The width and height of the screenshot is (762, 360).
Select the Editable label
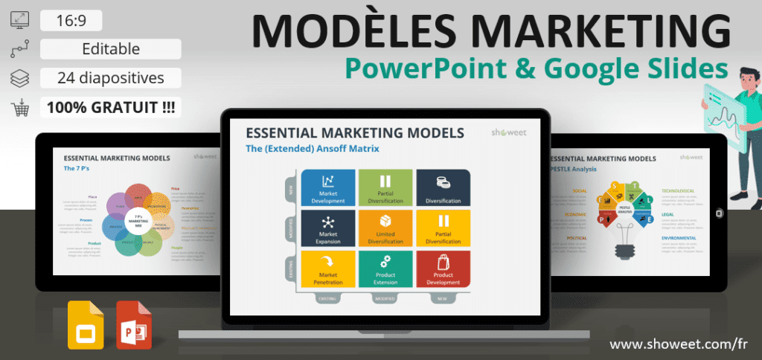point(111,49)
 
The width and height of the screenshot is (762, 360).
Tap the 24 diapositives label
point(111,77)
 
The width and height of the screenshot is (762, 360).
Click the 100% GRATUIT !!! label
point(111,107)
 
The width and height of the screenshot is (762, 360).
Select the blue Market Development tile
point(327,187)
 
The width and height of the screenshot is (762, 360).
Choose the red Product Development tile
point(443,269)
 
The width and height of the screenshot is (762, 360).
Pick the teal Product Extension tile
point(385,269)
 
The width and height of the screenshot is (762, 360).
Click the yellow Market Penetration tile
point(327,269)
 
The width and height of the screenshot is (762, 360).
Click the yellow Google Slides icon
point(86,324)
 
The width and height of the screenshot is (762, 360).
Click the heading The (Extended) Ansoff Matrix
point(313,149)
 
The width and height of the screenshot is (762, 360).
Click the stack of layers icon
point(19,78)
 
